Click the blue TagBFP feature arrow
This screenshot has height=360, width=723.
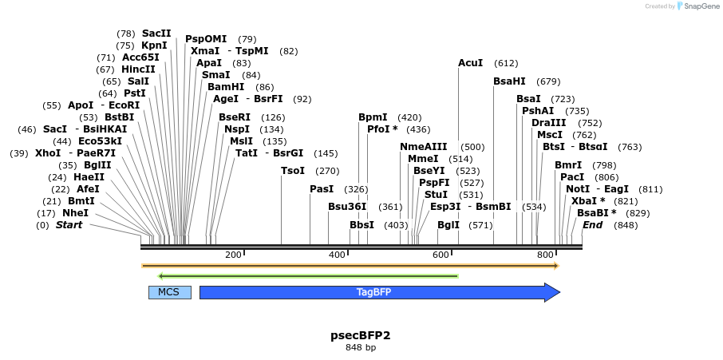pyautogui.click(x=379, y=292)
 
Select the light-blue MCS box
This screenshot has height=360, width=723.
pyautogui.click(x=169, y=292)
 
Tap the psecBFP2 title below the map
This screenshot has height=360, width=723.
pyautogui.click(x=361, y=335)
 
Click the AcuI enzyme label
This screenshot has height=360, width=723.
pyautogui.click(x=470, y=62)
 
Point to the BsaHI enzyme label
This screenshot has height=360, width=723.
pyautogui.click(x=509, y=81)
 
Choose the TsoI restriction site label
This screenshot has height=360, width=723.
pyautogui.click(x=293, y=170)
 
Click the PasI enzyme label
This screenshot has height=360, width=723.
pyautogui.click(x=322, y=189)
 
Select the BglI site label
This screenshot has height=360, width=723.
pyautogui.click(x=448, y=225)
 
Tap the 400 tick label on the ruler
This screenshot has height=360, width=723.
pyautogui.click(x=337, y=255)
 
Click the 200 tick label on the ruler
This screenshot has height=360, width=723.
pyautogui.click(x=233, y=255)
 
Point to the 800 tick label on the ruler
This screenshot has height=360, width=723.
pyautogui.click(x=545, y=255)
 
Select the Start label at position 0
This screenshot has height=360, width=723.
pyautogui.click(x=69, y=225)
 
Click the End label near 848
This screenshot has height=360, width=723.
pyautogui.click(x=592, y=225)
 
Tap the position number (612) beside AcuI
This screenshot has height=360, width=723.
pyautogui.click(x=506, y=63)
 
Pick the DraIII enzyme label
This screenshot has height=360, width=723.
pyautogui.click(x=548, y=122)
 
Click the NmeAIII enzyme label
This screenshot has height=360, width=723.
pyautogui.click(x=424, y=147)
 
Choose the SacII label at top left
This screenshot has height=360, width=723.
pyautogui.click(x=156, y=34)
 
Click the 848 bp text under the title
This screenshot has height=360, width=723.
pyautogui.click(x=361, y=348)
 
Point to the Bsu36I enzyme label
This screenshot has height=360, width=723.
pyautogui.click(x=348, y=207)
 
